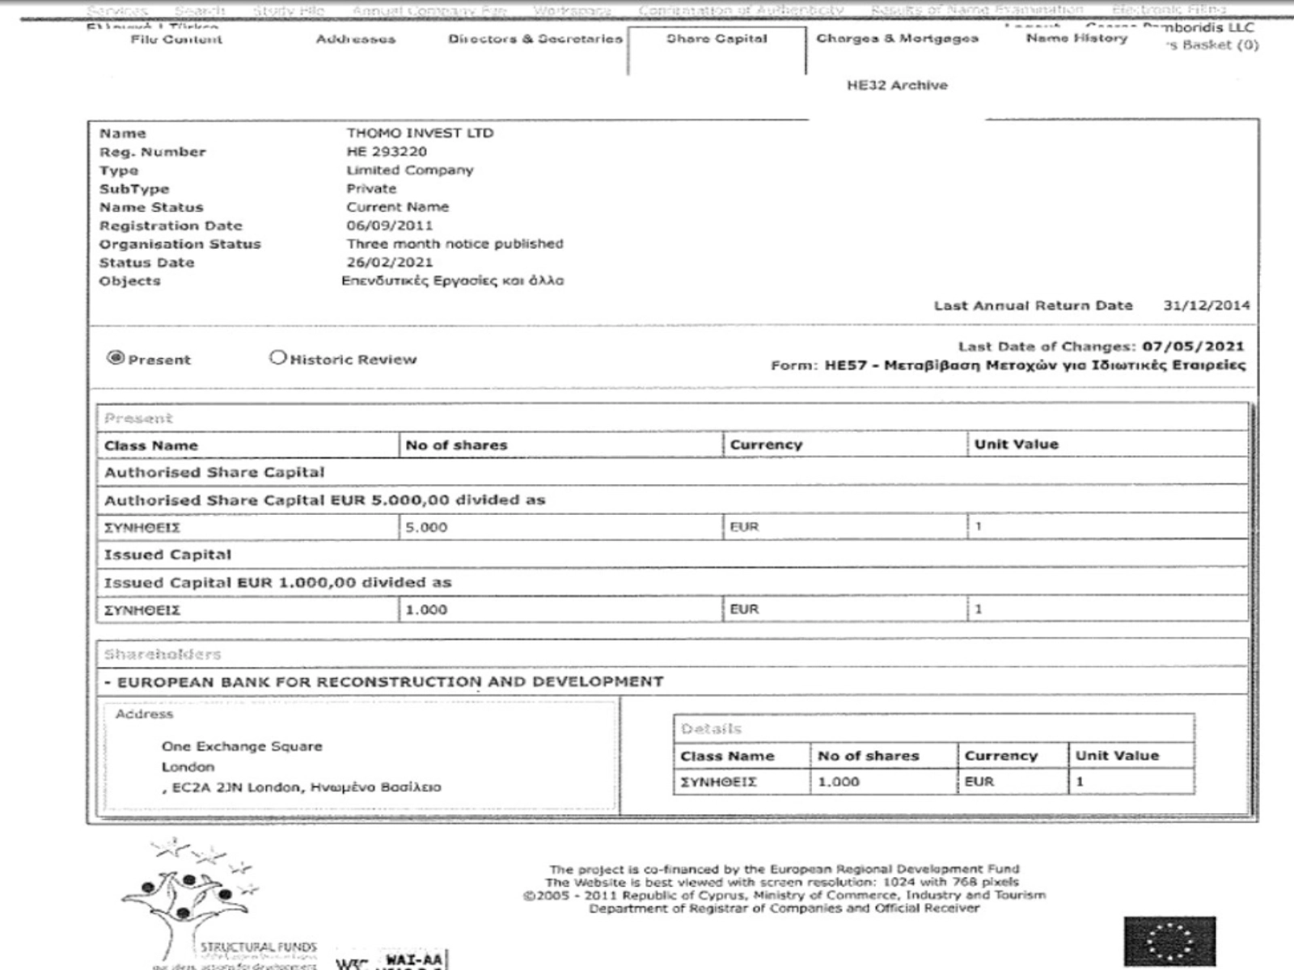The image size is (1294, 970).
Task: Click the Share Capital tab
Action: coord(717,39)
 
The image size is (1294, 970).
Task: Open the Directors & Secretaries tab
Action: coord(535,39)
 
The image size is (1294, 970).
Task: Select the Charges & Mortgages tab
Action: coord(897,39)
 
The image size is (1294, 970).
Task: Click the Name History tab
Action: coord(1076,39)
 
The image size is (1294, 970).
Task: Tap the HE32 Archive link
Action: coord(897,85)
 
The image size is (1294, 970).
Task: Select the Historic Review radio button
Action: coord(278,357)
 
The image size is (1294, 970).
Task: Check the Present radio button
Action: coord(116,358)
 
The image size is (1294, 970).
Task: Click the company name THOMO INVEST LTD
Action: coord(420,133)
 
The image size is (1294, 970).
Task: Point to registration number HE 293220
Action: coord(387,152)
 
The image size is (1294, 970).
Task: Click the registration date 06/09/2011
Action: coord(390,226)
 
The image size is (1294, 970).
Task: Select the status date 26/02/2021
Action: coord(390,263)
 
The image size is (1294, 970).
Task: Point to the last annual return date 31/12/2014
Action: coord(1206,306)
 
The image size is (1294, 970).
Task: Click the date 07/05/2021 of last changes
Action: coord(1193,347)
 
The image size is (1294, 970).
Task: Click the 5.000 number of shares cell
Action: coord(426,527)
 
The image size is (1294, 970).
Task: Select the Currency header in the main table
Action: coord(766,445)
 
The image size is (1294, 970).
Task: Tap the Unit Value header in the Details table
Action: coord(1117,756)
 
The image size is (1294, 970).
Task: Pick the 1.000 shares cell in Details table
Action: coord(839,782)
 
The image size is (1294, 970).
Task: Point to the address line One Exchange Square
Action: coord(242,746)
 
